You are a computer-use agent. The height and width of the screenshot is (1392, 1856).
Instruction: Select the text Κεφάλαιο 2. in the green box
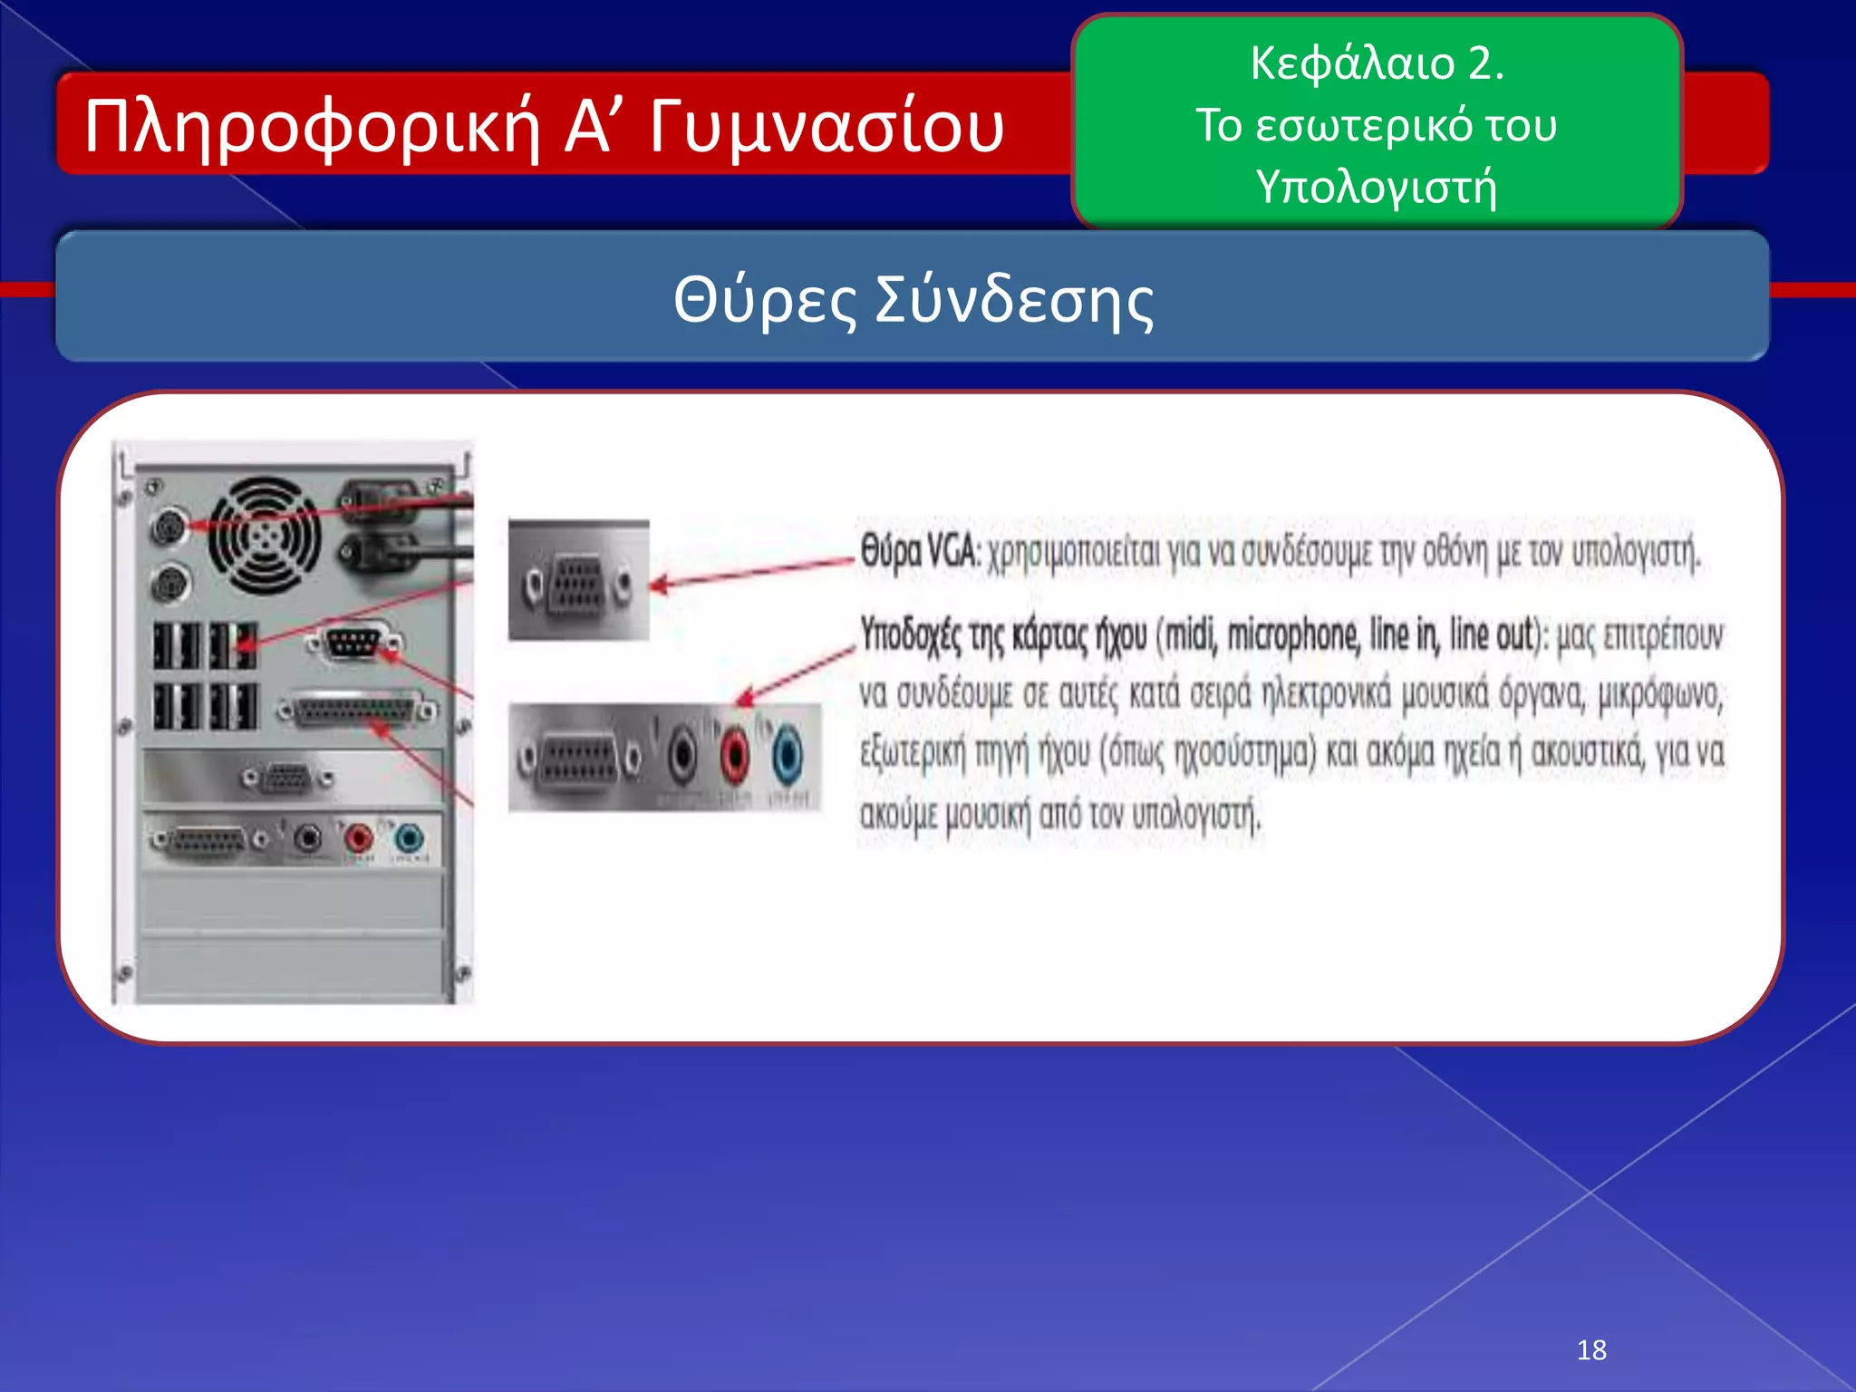coord(1376,63)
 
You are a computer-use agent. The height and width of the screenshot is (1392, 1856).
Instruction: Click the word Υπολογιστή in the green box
coord(1376,187)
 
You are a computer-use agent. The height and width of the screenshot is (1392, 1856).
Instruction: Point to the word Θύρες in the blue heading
coord(764,300)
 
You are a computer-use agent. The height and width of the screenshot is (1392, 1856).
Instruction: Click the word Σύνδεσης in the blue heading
coord(1013,300)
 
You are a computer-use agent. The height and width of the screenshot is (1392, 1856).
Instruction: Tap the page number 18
coord(1590,1350)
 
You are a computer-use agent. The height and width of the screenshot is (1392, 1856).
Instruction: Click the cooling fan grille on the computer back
coord(264,536)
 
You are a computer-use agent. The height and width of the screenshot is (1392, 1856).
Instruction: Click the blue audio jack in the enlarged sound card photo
coord(788,755)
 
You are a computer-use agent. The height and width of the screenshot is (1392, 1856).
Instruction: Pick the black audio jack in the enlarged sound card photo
coord(682,755)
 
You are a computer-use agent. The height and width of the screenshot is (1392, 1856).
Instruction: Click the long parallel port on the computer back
coord(357,710)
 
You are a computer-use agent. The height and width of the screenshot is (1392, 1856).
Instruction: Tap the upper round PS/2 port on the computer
coord(167,527)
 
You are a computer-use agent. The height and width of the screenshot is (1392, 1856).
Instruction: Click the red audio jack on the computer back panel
coord(359,837)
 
